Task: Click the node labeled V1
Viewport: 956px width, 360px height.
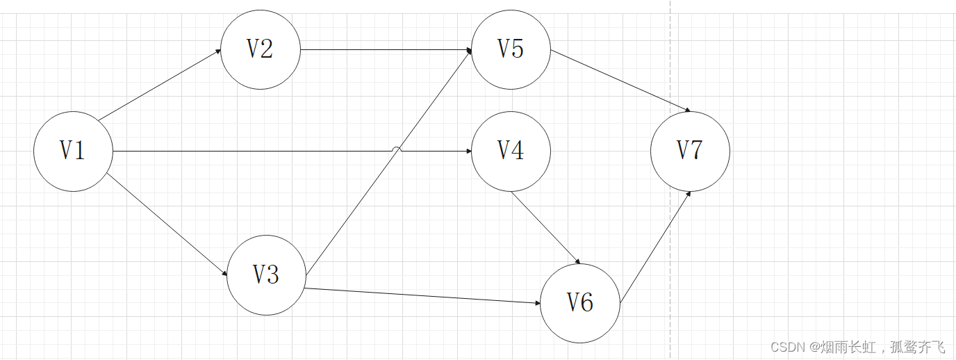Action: click(73, 151)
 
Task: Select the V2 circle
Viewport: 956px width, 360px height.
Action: click(261, 49)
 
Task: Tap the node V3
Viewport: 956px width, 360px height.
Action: click(266, 275)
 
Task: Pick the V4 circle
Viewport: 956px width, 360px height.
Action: click(511, 151)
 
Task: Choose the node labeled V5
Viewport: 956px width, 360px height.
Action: click(511, 49)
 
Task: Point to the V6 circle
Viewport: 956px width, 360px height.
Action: click(579, 302)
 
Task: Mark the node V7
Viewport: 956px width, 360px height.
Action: click(690, 151)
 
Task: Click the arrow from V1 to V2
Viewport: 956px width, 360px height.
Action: click(160, 85)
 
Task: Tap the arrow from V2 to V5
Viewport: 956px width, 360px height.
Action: click(386, 49)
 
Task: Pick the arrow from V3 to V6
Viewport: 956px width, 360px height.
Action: click(422, 295)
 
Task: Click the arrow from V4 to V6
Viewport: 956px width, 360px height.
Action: click(546, 228)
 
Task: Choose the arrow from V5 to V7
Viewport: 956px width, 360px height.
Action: click(620, 81)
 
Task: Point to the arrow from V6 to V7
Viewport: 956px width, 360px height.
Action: click(655, 247)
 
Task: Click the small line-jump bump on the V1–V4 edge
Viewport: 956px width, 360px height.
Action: click(396, 149)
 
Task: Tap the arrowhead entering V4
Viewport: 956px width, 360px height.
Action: click(468, 151)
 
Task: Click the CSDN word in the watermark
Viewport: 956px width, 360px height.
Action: click(786, 347)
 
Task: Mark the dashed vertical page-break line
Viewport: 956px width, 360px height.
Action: click(670, 208)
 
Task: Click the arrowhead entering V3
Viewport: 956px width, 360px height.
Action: click(224, 274)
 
